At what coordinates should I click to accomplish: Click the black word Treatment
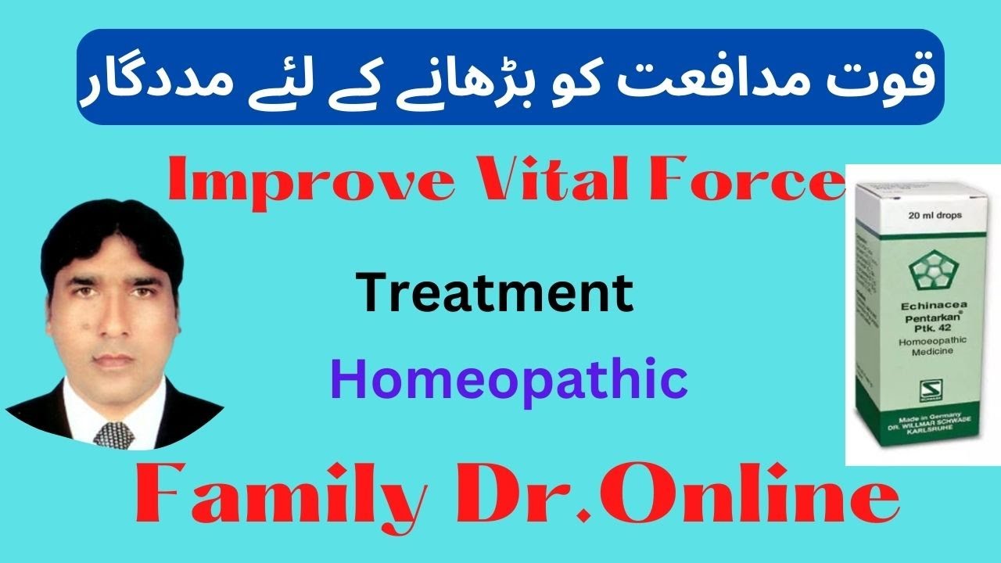point(495,294)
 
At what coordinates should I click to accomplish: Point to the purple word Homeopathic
point(508,381)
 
